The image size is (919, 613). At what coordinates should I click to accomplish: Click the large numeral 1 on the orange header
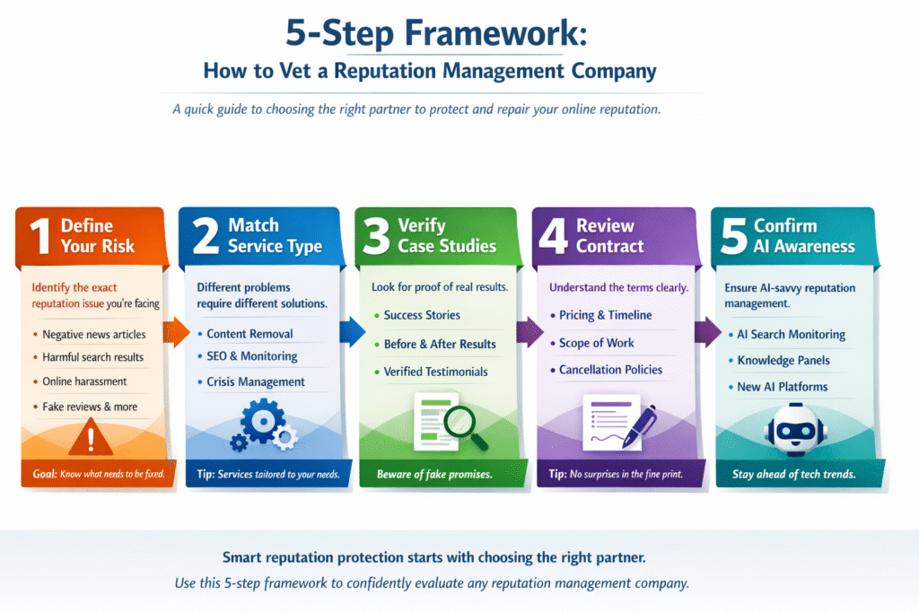point(37,237)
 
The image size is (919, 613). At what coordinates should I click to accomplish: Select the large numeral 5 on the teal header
point(734,237)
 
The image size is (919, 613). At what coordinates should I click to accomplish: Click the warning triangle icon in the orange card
point(92,438)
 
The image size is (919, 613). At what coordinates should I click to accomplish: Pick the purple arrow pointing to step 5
point(710,333)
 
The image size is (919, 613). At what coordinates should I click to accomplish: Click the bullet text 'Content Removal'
point(249,334)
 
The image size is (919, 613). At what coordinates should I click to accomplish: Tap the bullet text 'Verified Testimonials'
point(435,372)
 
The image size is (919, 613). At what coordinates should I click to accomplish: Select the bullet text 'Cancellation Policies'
point(610,370)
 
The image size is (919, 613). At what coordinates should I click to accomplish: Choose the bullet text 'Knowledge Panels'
point(783,361)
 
